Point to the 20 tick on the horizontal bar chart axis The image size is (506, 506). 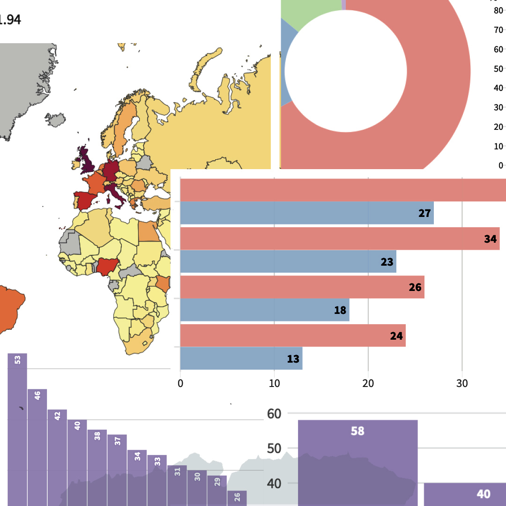[368, 383]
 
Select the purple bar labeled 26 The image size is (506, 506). [237, 498]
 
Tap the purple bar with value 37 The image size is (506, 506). [117, 469]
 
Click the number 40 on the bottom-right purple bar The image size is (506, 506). [483, 494]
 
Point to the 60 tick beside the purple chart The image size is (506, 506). [274, 414]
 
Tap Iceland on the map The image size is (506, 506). [57, 119]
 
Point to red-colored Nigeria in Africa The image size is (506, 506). [107, 266]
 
